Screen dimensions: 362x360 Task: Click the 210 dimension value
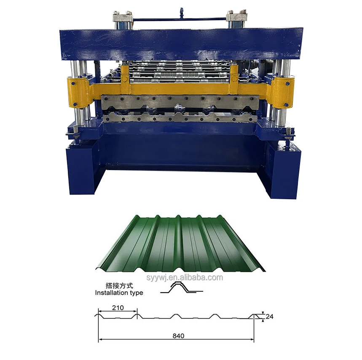click(118, 308)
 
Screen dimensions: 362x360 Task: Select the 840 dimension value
click(178, 336)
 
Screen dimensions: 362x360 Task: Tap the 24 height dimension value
click(269, 316)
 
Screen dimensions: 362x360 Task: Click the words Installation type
click(119, 293)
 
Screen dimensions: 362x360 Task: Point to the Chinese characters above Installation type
click(119, 286)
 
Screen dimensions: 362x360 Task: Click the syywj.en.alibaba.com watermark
click(185, 277)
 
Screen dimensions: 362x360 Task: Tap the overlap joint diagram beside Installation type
click(182, 288)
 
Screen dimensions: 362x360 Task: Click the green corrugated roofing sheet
click(180, 243)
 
